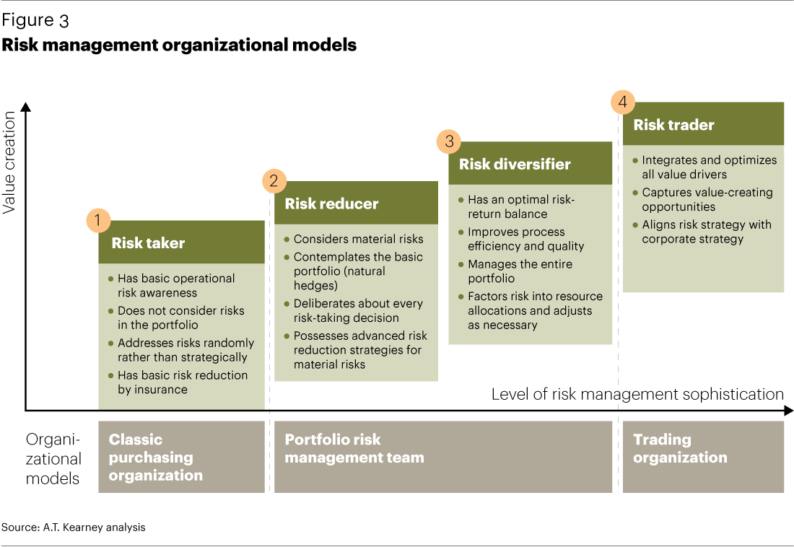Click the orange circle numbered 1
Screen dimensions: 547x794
click(x=98, y=220)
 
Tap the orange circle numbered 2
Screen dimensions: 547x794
click(x=274, y=181)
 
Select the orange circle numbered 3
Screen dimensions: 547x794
click(x=449, y=141)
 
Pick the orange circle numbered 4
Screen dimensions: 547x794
click(x=623, y=102)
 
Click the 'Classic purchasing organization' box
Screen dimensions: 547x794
click(x=181, y=458)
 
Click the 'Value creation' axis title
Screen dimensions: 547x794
click(x=9, y=162)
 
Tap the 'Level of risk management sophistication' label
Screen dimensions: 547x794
click(x=637, y=394)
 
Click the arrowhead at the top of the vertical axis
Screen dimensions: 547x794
click(x=26, y=108)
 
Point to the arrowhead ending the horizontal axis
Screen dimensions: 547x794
click(x=788, y=411)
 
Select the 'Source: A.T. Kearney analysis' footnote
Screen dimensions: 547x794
click(x=74, y=528)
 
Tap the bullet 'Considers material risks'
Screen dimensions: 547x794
click(x=358, y=239)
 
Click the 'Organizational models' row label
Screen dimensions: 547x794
click(x=53, y=458)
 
